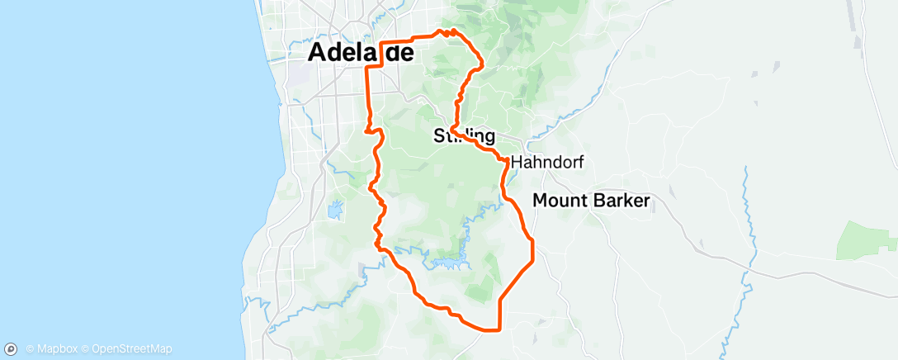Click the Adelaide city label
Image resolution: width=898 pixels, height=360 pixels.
[x=360, y=52]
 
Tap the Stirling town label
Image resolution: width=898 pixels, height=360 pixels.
[x=464, y=136]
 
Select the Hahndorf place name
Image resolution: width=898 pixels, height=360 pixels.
[x=547, y=163]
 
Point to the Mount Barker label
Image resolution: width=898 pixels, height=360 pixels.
[x=592, y=200]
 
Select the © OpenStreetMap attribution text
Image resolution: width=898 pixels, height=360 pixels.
[x=126, y=348]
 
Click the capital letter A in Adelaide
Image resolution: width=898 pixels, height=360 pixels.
[x=318, y=52]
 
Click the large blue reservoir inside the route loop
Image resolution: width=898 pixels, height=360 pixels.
[x=446, y=263]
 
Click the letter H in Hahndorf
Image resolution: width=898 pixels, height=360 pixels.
[x=518, y=163]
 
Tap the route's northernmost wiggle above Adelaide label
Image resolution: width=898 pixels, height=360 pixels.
[x=446, y=32]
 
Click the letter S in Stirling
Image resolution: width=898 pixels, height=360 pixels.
[x=439, y=136]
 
